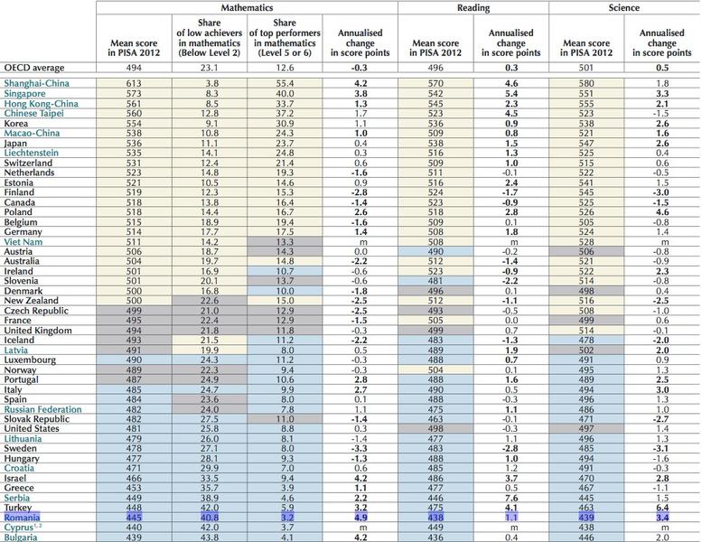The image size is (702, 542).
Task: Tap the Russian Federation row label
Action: (43, 409)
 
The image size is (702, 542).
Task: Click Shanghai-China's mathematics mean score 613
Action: (134, 84)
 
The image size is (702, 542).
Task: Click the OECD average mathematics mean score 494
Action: (134, 66)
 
